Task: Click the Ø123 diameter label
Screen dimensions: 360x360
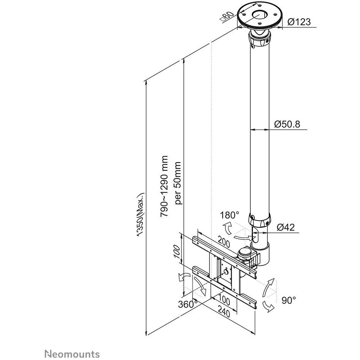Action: pos(299,22)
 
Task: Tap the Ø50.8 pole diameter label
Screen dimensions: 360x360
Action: pos(287,124)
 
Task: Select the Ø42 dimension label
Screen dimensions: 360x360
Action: pos(286,227)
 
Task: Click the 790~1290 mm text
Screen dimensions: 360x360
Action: pos(164,186)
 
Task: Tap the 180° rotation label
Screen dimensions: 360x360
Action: pos(229,215)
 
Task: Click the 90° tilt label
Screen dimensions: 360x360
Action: pos(289,300)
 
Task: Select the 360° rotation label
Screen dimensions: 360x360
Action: pos(188,304)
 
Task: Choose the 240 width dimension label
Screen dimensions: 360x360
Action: pos(224,313)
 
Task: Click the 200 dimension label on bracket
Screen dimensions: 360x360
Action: pos(224,242)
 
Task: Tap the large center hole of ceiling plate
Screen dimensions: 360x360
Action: pos(260,15)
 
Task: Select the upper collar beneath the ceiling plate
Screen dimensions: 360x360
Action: pos(260,39)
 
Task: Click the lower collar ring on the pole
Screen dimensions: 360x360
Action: pos(260,220)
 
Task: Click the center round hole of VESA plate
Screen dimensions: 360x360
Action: pos(226,272)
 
